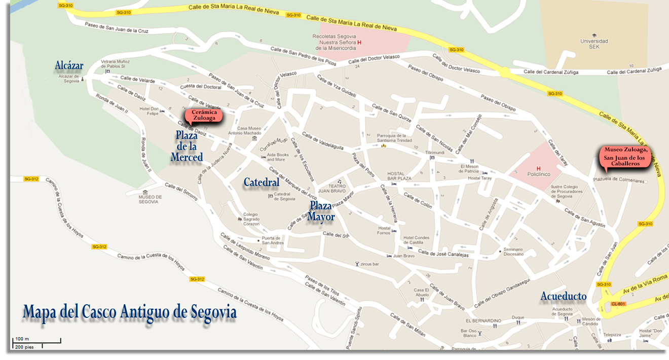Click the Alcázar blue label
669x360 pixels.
click(x=69, y=65)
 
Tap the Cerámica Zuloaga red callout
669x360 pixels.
click(x=204, y=115)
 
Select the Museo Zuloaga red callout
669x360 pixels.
click(x=625, y=157)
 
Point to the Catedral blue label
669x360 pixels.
click(x=262, y=182)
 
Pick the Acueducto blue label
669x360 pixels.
click(x=564, y=297)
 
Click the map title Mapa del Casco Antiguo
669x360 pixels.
click(x=130, y=311)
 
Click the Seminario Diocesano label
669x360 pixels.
click(x=513, y=252)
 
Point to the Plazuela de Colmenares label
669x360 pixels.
click(x=618, y=179)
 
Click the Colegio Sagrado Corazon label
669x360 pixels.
click(x=251, y=219)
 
